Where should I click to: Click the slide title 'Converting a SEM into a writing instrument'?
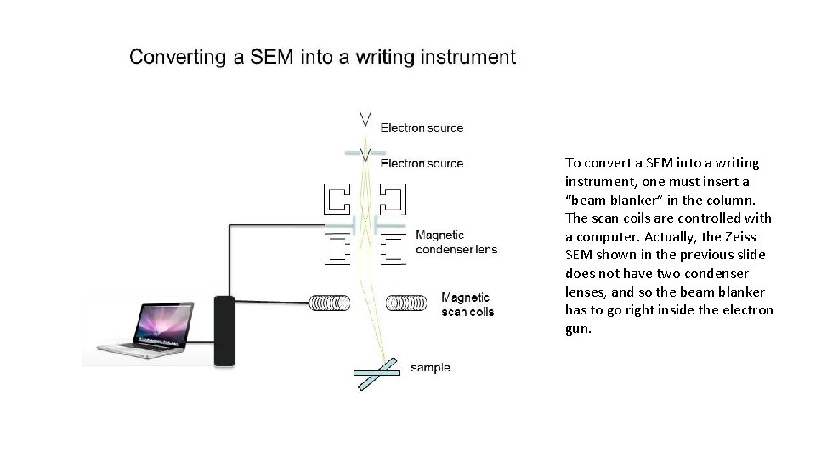[x=322, y=58]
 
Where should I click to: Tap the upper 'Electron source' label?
[x=422, y=127]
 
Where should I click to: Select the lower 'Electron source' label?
[x=422, y=163]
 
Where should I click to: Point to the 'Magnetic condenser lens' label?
[x=456, y=242]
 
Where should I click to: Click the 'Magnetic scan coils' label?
[x=467, y=304]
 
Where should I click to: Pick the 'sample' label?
[x=430, y=368]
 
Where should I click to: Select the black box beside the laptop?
[x=224, y=331]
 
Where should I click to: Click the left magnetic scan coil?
[x=328, y=303]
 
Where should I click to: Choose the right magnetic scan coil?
[x=407, y=303]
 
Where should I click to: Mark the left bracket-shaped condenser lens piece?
[x=337, y=199]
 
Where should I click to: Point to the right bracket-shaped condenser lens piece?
[x=394, y=199]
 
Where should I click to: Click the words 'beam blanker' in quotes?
[x=610, y=200]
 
